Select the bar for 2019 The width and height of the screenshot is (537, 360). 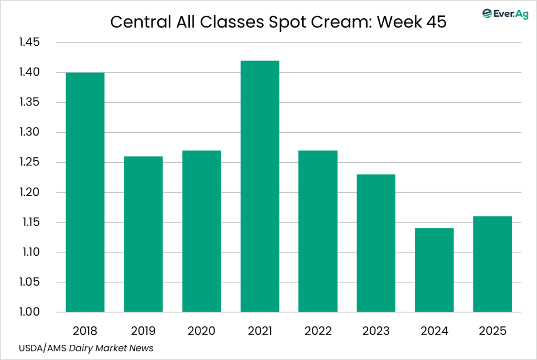point(143,234)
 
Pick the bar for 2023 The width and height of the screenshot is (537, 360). point(376,243)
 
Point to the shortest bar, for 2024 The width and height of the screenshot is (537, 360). point(434,270)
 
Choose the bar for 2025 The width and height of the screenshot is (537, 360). point(492,264)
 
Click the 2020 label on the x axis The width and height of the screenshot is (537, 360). point(201,331)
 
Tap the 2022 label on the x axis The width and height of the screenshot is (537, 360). point(318,331)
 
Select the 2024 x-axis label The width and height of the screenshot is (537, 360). point(434,331)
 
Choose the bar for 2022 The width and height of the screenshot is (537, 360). point(318,231)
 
